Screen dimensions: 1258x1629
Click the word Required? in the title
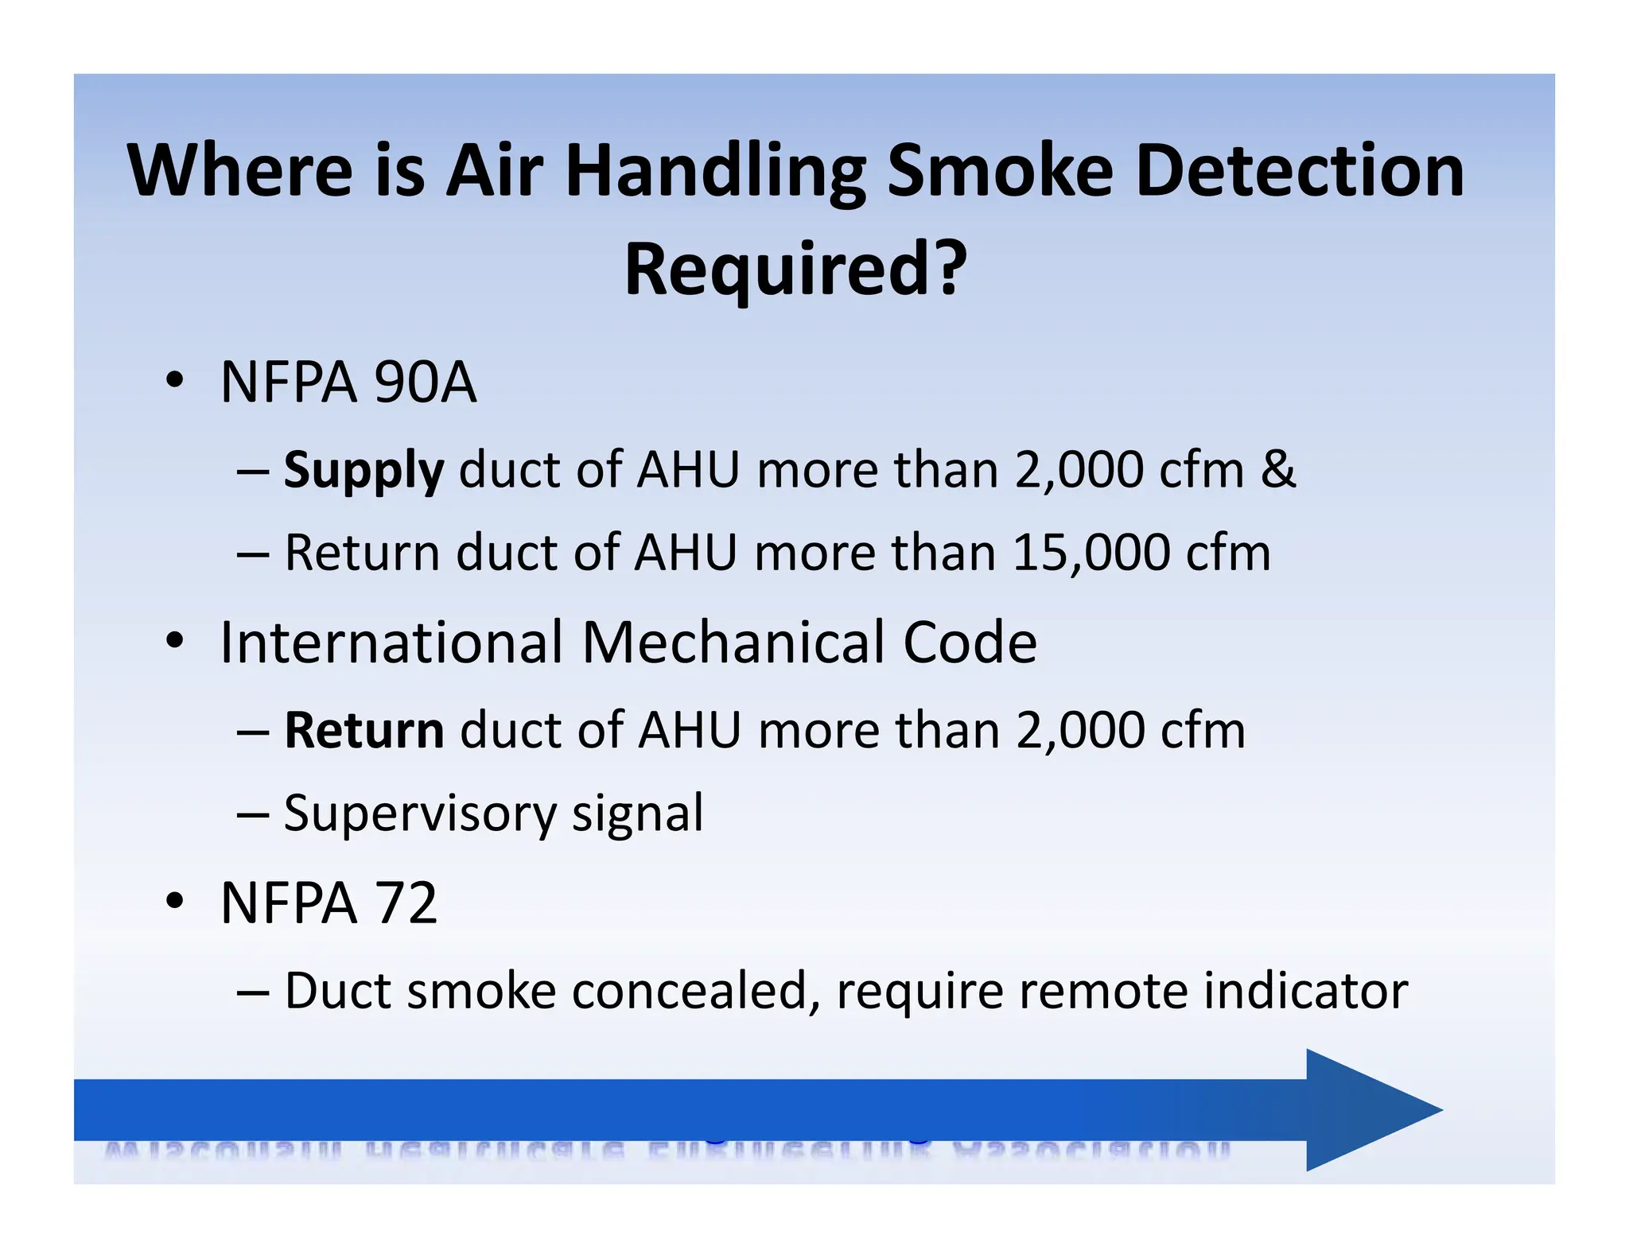795,269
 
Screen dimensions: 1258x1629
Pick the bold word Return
364,730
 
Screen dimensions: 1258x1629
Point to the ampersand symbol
1278,469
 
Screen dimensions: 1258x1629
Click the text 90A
425,382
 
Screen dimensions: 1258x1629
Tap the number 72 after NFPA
406,903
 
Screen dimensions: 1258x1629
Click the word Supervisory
420,814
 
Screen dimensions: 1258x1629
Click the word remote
1105,991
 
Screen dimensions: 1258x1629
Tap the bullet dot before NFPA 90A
175,380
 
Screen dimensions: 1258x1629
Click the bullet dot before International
175,640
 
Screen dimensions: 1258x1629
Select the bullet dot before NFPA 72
175,901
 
